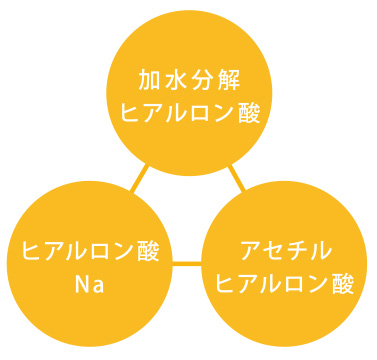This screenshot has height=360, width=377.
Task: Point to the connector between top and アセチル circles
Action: pyautogui.click(x=238, y=180)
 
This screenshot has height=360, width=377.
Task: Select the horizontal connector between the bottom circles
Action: pyautogui.click(x=187, y=265)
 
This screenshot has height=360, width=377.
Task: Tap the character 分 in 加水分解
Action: pyautogui.click(x=204, y=80)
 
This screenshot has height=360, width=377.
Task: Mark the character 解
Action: pyautogui.click(x=230, y=80)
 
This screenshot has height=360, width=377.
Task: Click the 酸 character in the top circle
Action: pyautogui.click(x=250, y=112)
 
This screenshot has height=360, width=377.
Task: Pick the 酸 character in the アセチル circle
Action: pyautogui.click(x=345, y=282)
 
